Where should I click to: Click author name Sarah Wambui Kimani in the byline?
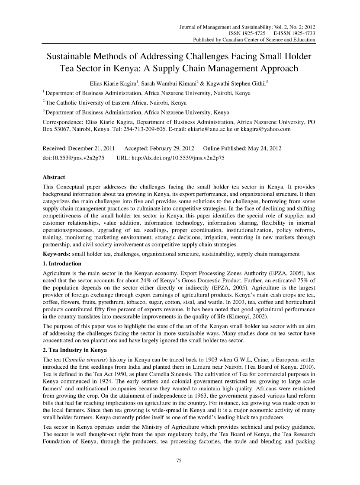click(x=172, y=83)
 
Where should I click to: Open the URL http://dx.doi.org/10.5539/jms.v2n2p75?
click(x=177, y=157)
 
